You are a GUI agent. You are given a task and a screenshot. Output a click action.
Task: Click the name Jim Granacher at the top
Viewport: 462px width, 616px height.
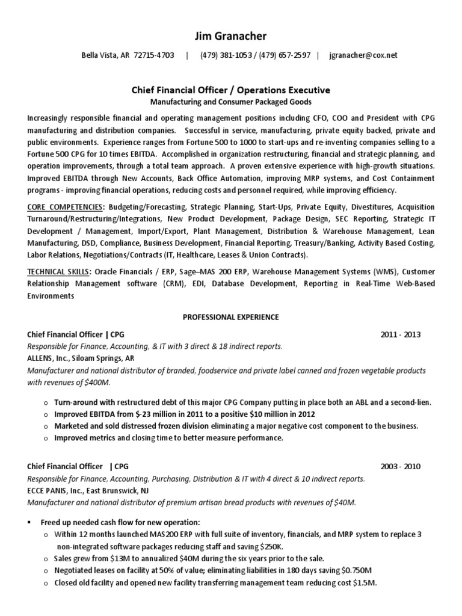[230, 37]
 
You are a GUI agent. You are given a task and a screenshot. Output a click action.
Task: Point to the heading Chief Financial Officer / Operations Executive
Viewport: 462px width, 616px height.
[230, 90]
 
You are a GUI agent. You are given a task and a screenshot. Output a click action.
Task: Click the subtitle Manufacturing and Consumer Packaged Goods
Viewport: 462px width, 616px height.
[230, 102]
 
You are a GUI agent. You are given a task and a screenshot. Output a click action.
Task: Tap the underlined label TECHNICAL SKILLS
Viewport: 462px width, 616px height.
[58, 272]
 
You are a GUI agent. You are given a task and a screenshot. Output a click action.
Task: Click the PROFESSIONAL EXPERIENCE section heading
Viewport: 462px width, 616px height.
[230, 317]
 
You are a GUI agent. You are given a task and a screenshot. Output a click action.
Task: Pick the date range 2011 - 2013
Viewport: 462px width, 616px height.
[400, 334]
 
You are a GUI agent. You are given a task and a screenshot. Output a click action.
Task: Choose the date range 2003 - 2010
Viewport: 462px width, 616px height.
[400, 467]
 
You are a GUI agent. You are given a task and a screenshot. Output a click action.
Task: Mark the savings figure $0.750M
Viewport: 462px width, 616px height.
[357, 570]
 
